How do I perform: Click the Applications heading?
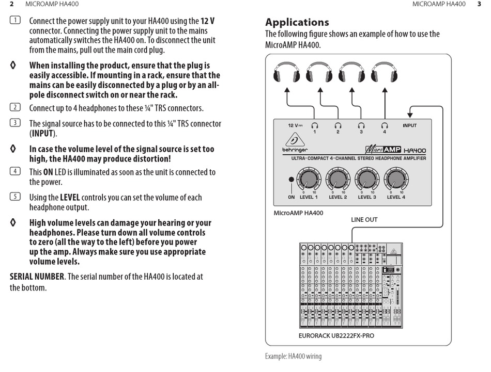pos(297,22)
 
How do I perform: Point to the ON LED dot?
pos(291,180)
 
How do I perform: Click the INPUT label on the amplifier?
pos(409,125)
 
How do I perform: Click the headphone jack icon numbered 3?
pos(361,125)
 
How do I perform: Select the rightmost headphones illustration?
pos(384,73)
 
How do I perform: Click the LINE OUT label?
pos(364,220)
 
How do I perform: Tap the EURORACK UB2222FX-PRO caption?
pos(336,336)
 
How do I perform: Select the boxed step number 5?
pos(15,197)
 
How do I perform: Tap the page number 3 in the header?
pos(479,4)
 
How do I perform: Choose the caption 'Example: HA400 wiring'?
pos(293,356)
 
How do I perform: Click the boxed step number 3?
pos(15,123)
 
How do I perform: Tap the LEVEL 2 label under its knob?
pos(338,197)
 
